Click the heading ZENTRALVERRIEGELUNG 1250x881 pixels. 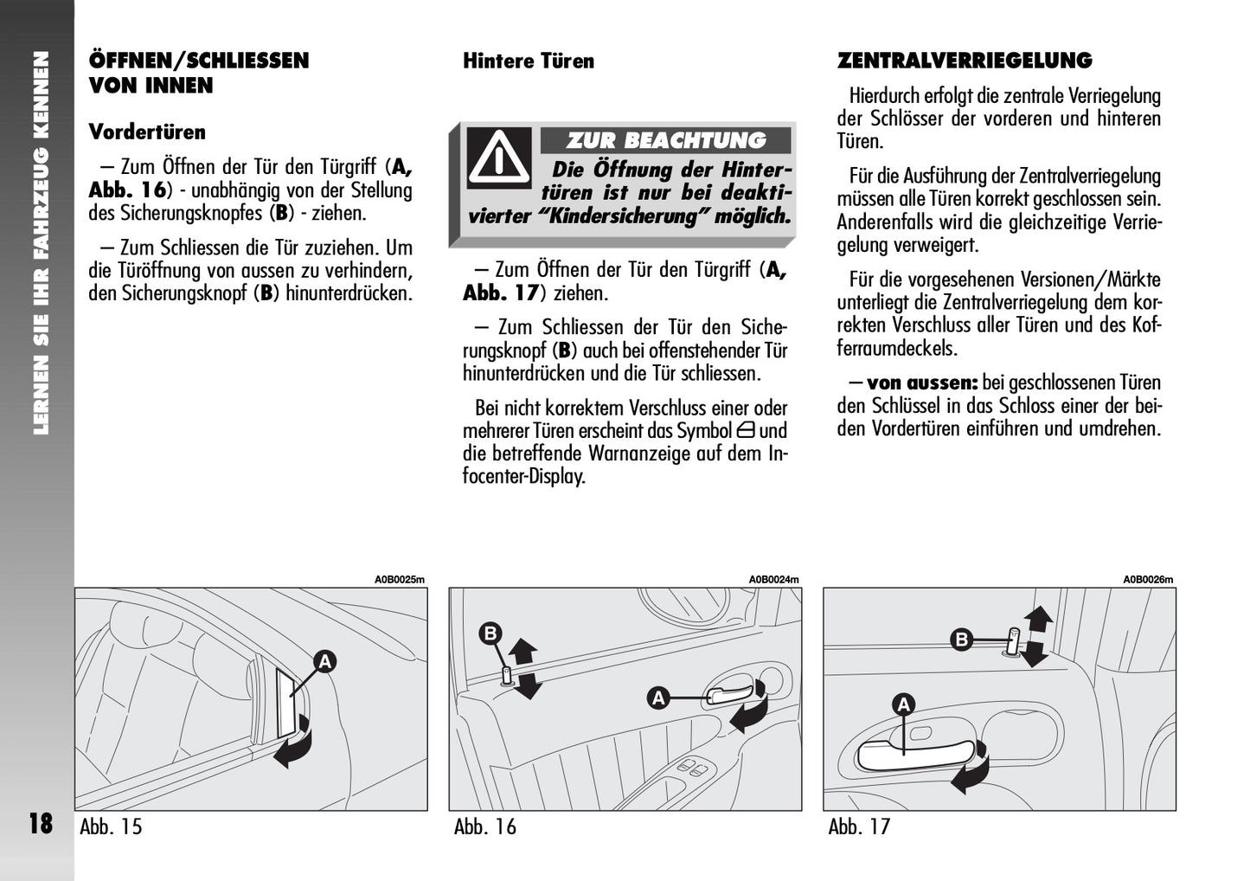point(964,61)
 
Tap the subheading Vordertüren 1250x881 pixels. point(147,132)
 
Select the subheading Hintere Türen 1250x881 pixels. point(528,61)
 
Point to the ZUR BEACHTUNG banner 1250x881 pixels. point(665,140)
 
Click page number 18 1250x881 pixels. point(41,823)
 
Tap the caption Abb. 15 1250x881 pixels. point(111,826)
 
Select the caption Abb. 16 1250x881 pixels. point(484,826)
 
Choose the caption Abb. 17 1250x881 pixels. point(859,826)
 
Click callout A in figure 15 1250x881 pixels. point(324,662)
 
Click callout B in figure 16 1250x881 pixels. point(490,634)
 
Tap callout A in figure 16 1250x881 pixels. point(658,697)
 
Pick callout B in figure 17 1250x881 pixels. point(961,640)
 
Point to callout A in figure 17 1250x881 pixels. point(904,704)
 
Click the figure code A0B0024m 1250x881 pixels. point(773,580)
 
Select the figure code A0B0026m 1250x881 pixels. point(1148,580)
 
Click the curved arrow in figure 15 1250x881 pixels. point(294,747)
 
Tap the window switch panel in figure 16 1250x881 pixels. point(695,768)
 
